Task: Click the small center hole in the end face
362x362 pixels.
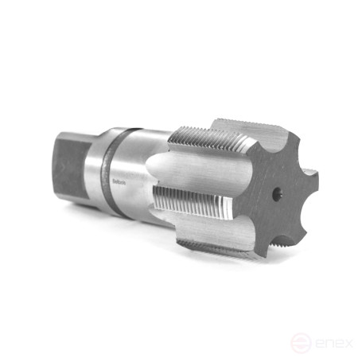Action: pos(276,193)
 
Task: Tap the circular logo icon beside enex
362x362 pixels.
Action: pos(299,344)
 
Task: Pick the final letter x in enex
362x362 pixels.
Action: pos(346,344)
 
